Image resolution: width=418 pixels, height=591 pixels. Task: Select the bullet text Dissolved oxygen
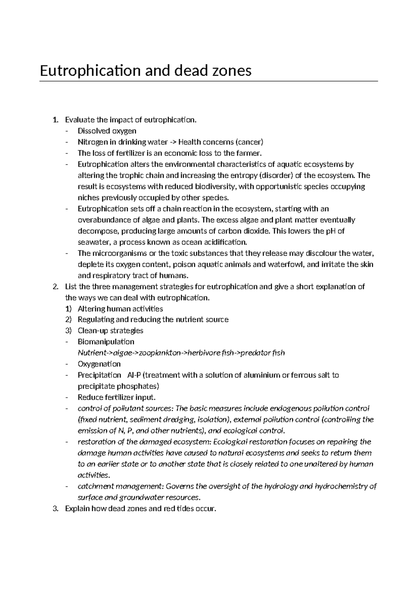(107, 131)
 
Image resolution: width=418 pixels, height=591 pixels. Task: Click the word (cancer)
(249, 142)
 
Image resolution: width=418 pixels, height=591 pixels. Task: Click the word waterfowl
(286, 264)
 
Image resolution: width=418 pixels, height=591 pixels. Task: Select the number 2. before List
(56, 287)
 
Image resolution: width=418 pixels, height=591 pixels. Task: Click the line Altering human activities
(120, 309)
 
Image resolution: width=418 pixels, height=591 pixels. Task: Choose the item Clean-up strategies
(110, 330)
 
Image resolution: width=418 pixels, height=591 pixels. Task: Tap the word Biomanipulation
(106, 341)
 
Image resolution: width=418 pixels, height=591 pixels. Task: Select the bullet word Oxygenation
(99, 364)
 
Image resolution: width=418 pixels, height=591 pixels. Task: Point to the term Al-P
(134, 375)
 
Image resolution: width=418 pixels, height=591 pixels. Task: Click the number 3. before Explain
(56, 509)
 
